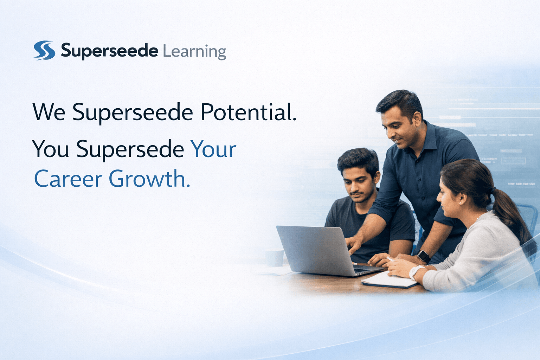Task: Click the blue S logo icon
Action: click(44, 50)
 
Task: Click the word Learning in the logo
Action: click(194, 52)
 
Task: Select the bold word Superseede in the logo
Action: click(109, 51)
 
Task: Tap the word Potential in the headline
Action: click(248, 112)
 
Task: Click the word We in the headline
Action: click(49, 112)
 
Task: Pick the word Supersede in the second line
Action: click(130, 149)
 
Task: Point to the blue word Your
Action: click(213, 149)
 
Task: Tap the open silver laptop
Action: click(316, 250)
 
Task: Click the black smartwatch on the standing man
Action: click(423, 256)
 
